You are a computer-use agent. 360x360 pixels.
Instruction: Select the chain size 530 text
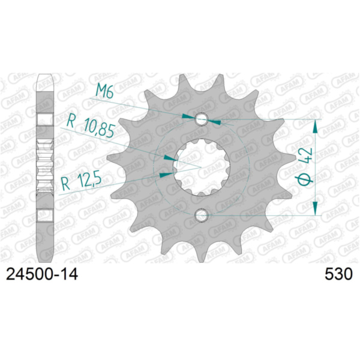(338, 274)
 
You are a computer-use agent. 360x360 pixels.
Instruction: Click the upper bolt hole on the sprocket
(201, 119)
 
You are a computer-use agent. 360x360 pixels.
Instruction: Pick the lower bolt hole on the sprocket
(201, 215)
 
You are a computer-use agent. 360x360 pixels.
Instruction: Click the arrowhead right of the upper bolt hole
(214, 121)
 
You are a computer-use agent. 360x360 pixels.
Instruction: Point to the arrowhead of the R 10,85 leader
(169, 158)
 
